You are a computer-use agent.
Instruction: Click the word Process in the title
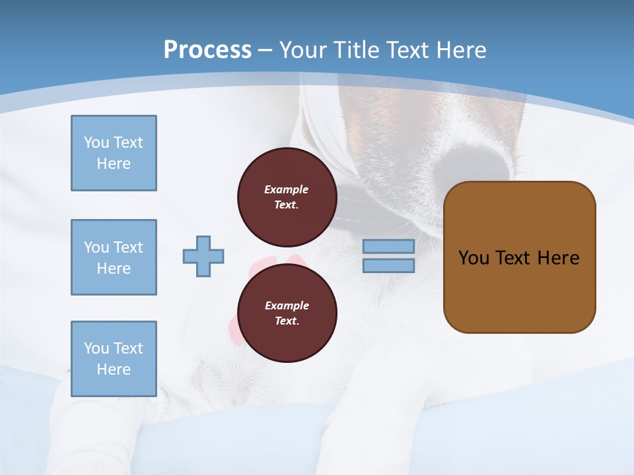(x=207, y=49)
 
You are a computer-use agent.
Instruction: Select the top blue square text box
(x=114, y=153)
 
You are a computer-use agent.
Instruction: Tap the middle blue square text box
(x=114, y=257)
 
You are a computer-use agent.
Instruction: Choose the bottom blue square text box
(x=114, y=359)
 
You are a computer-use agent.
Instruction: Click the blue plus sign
(x=203, y=256)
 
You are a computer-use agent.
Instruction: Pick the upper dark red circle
(x=287, y=197)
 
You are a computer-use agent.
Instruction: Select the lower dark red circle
(x=287, y=313)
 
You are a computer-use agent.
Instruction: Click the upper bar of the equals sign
(x=388, y=246)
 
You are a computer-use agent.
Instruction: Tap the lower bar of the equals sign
(x=388, y=266)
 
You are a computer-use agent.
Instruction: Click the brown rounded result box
(x=519, y=257)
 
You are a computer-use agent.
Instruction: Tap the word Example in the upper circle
(x=287, y=189)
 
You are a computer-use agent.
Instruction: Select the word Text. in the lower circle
(x=287, y=321)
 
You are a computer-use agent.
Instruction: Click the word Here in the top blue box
(x=114, y=164)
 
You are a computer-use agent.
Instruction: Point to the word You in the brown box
(x=473, y=258)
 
